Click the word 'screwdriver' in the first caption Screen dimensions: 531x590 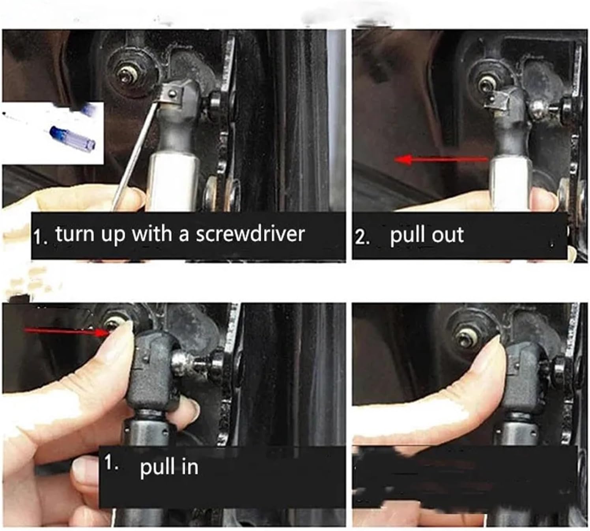pos(250,234)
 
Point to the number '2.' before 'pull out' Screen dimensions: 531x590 pos(362,238)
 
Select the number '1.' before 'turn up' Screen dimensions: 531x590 pos(40,238)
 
